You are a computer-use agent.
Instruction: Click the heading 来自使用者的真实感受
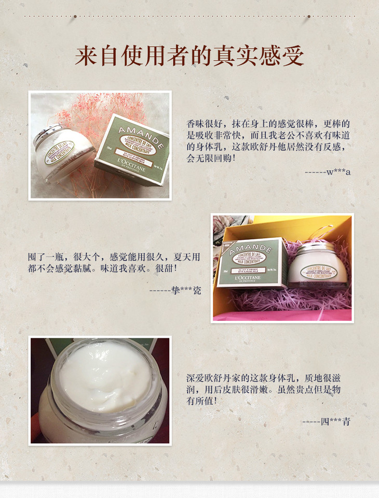pos(189,56)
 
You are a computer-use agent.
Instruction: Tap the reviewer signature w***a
pos(338,172)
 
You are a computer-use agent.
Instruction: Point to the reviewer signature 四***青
pos(336,421)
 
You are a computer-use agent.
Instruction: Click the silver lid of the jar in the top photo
pos(49,134)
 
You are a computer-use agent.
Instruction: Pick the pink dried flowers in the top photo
pos(83,114)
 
